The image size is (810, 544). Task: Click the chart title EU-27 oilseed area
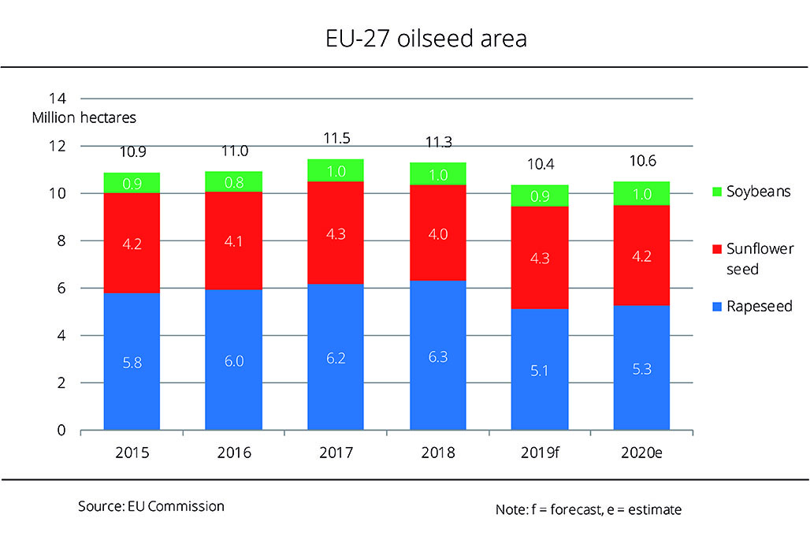pyautogui.click(x=404, y=39)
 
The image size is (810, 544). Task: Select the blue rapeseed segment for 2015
pyautogui.click(x=132, y=361)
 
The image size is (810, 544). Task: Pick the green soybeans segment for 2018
pyautogui.click(x=438, y=174)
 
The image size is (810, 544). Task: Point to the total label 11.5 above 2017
pyautogui.click(x=336, y=139)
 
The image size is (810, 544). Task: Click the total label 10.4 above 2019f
pyautogui.click(x=540, y=164)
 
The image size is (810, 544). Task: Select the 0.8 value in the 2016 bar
pyautogui.click(x=234, y=183)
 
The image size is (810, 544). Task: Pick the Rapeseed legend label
pyautogui.click(x=759, y=307)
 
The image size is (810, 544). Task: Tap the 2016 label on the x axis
pyautogui.click(x=234, y=453)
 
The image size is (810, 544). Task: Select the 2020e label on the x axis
pyautogui.click(x=641, y=453)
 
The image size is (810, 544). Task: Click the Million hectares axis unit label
pyautogui.click(x=84, y=118)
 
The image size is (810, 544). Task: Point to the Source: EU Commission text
pyautogui.click(x=151, y=506)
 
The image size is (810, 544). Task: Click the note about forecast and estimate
pyautogui.click(x=589, y=510)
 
